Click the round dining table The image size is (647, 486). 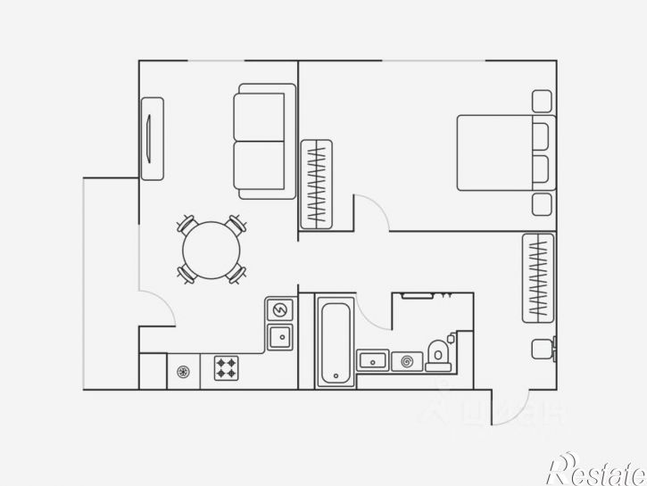[212, 249]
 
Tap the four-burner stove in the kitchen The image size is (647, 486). [226, 367]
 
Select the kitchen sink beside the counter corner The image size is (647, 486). [280, 336]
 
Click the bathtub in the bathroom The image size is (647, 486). [336, 342]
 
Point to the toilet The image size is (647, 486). [438, 354]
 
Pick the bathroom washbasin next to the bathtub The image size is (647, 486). [372, 360]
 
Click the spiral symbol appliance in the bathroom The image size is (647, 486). [408, 360]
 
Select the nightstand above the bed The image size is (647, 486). [543, 100]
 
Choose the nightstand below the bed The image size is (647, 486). [543, 204]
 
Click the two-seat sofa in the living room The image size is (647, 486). [265, 141]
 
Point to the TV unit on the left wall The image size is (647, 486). [153, 138]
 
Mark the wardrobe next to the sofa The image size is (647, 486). [317, 184]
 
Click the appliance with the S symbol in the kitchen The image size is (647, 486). [280, 309]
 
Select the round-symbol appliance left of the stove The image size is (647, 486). [184, 371]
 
